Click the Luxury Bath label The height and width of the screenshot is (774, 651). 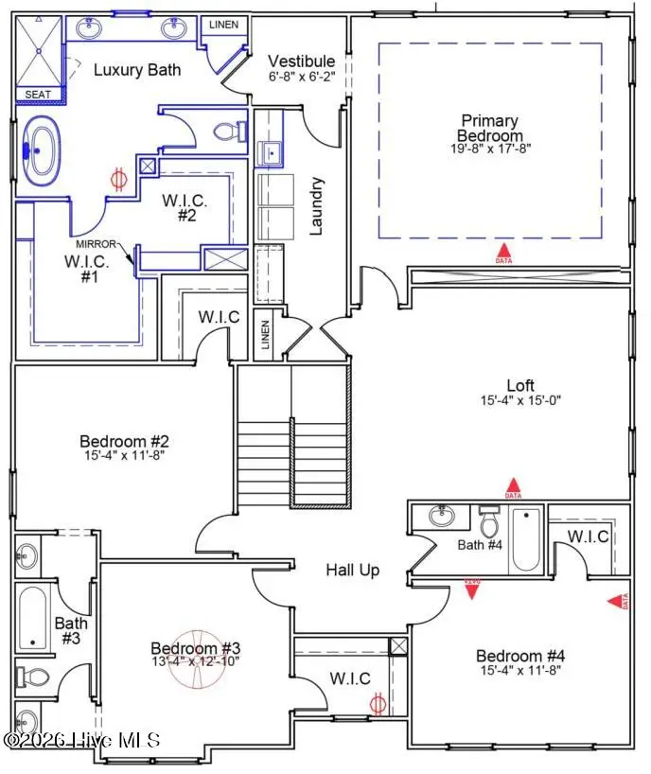[136, 69]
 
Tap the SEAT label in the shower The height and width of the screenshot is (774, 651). [38, 95]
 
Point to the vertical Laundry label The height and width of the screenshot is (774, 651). [317, 205]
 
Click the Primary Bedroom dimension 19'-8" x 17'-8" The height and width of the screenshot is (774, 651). [489, 149]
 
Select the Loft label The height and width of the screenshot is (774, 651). [519, 385]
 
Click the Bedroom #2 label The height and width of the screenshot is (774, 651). [124, 441]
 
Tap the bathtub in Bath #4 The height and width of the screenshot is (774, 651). [525, 539]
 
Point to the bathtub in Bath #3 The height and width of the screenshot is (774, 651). [33, 618]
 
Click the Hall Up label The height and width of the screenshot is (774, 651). [353, 570]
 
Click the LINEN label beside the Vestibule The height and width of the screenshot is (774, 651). [223, 25]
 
